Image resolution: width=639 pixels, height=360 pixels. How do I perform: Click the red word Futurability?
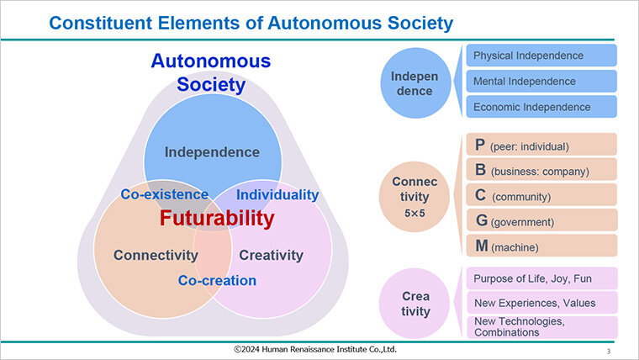[x=217, y=218]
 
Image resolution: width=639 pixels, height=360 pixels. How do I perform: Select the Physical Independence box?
[x=541, y=56]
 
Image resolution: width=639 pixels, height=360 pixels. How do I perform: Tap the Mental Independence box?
[x=541, y=81]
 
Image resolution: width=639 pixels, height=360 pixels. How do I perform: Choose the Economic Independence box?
[x=541, y=107]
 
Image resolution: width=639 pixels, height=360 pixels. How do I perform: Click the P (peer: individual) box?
[x=541, y=145]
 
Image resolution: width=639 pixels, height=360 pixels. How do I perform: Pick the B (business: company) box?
[x=541, y=169]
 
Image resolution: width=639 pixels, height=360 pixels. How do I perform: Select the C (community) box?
[x=541, y=194]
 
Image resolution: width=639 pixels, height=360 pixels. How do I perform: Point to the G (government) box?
[x=541, y=220]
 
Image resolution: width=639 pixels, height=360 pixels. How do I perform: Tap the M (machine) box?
[x=541, y=246]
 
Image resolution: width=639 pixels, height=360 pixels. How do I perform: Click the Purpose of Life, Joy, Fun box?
[x=542, y=278]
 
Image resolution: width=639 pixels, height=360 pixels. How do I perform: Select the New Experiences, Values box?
[x=542, y=303]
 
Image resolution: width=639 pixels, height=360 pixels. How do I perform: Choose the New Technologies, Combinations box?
[x=542, y=327]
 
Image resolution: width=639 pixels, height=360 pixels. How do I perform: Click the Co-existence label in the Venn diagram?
[x=164, y=194]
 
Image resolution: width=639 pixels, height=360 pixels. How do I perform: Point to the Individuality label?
[x=277, y=195]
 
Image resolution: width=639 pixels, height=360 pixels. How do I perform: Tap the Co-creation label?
[x=217, y=280]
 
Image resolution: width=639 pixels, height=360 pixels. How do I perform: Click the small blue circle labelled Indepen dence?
[x=415, y=83]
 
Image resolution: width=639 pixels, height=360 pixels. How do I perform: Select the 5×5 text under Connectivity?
[x=415, y=214]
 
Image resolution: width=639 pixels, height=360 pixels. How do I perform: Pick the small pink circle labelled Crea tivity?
[x=415, y=304]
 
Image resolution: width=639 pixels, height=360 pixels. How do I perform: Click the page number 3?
[x=609, y=351]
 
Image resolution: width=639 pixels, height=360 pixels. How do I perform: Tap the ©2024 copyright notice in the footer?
[x=315, y=349]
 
